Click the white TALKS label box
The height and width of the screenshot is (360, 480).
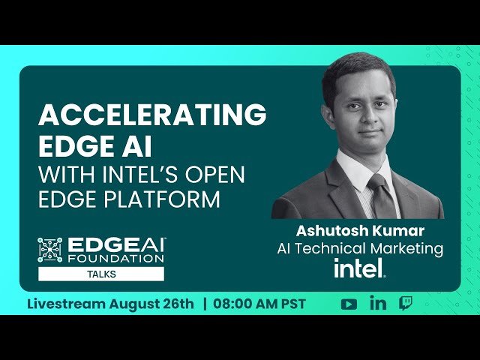pyautogui.click(x=101, y=274)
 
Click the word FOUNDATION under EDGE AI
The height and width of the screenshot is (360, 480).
pyautogui.click(x=116, y=258)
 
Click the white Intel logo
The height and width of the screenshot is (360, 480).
pyautogui.click(x=359, y=268)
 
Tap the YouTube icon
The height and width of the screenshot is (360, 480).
pyautogui.click(x=349, y=304)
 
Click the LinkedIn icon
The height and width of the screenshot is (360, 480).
pyautogui.click(x=378, y=304)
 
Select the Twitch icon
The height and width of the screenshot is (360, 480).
pyautogui.click(x=405, y=304)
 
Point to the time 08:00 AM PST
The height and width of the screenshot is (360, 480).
pyautogui.click(x=259, y=304)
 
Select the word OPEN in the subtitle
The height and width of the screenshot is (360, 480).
pyautogui.click(x=222, y=174)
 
